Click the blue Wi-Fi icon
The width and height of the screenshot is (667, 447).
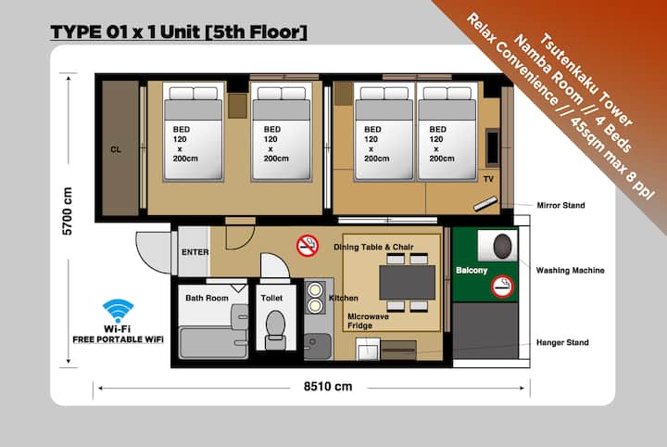tap(118, 311)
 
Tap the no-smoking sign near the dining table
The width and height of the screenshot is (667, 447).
tap(308, 246)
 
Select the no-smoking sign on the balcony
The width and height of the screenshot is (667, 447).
tap(502, 287)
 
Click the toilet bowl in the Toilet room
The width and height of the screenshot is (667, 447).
tap(275, 325)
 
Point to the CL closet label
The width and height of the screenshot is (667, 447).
tap(116, 149)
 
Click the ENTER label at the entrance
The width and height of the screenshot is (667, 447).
tap(195, 252)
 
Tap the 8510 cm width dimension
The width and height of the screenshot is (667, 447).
tap(328, 387)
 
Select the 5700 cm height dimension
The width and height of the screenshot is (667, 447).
tap(68, 211)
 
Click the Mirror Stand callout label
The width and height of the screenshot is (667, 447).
tap(560, 205)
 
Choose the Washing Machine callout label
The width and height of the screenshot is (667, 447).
tap(570, 270)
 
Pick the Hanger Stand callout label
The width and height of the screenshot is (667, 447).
tap(562, 342)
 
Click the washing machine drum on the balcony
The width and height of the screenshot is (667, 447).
tap(502, 246)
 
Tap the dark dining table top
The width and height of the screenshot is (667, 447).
tap(407, 283)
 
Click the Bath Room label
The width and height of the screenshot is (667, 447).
tap(207, 298)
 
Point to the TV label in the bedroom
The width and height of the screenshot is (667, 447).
tap(488, 179)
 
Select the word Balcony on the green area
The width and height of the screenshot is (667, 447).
tap(472, 270)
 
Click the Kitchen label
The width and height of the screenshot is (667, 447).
tap(344, 298)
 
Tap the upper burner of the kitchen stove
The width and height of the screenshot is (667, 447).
tap(315, 289)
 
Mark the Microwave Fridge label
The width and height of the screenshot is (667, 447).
tap(368, 321)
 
